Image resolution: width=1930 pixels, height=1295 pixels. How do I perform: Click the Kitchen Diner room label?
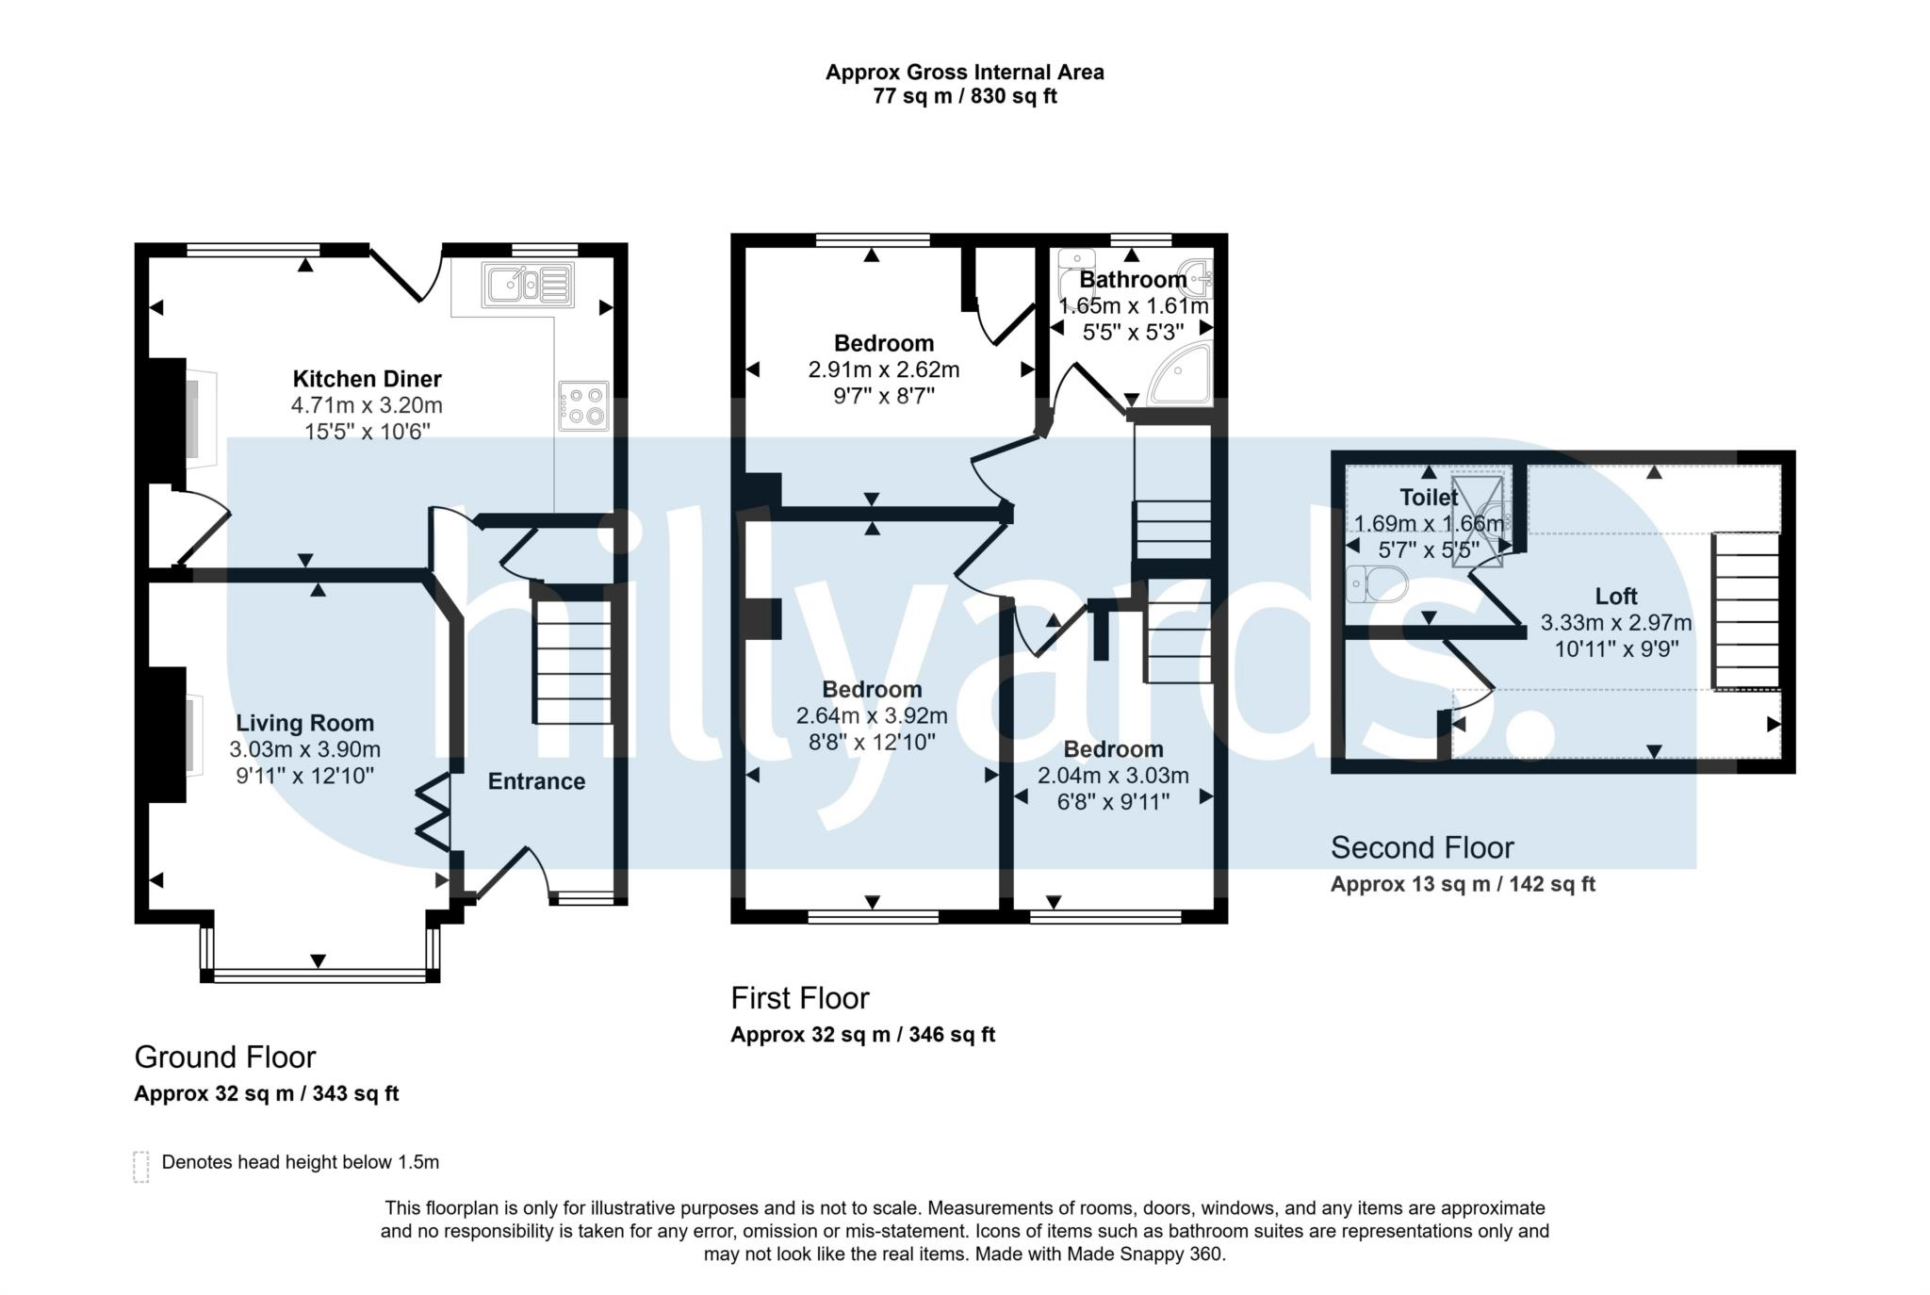[367, 379]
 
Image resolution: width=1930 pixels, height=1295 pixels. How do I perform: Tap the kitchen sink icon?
[529, 284]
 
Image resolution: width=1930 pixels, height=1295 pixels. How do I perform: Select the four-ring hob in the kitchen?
[584, 405]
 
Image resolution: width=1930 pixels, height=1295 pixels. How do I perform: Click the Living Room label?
[304, 723]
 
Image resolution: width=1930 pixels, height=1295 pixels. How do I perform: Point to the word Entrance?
[536, 781]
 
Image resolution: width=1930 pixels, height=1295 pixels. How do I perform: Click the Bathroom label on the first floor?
[1133, 280]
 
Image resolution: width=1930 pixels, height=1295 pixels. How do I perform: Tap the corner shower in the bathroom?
[1178, 374]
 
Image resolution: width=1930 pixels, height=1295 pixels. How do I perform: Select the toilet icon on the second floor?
[1377, 583]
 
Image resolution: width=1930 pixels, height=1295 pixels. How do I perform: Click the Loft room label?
[1616, 597]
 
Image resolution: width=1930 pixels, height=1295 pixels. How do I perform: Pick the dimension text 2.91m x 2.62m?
[884, 369]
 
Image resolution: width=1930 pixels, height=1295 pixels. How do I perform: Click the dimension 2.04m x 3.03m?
[1113, 776]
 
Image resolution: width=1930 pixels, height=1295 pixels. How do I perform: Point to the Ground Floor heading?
[225, 1057]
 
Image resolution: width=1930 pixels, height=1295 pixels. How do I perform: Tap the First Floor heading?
[800, 998]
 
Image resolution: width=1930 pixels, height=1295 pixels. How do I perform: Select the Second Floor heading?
[1422, 848]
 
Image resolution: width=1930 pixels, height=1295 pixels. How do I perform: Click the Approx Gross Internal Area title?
[965, 73]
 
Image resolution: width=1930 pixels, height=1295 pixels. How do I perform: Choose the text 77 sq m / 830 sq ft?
[965, 97]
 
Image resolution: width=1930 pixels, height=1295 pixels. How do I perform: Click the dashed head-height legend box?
[141, 1166]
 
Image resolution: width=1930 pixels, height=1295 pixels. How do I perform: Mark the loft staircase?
[1746, 612]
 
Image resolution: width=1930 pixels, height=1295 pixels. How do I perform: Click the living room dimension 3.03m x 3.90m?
[304, 749]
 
